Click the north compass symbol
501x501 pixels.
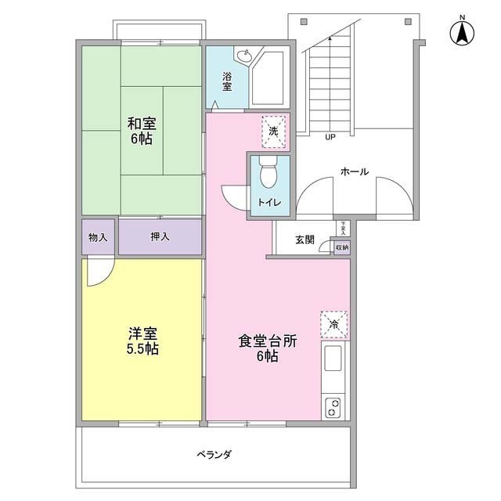(x=462, y=33)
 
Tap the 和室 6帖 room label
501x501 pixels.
(x=141, y=131)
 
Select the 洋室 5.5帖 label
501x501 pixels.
(x=143, y=341)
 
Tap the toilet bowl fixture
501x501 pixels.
(x=269, y=173)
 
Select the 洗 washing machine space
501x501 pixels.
(x=274, y=130)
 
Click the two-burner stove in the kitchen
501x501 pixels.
(x=333, y=407)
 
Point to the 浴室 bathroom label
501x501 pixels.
(x=227, y=81)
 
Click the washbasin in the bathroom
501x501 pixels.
(x=244, y=57)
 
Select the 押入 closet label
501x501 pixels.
(x=160, y=236)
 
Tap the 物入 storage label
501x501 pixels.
(x=99, y=236)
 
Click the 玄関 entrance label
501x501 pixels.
(x=305, y=240)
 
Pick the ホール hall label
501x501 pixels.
(x=354, y=171)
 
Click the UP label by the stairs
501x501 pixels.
(x=330, y=136)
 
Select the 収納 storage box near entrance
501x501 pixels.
(x=342, y=247)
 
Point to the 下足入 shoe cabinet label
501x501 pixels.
(x=342, y=228)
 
